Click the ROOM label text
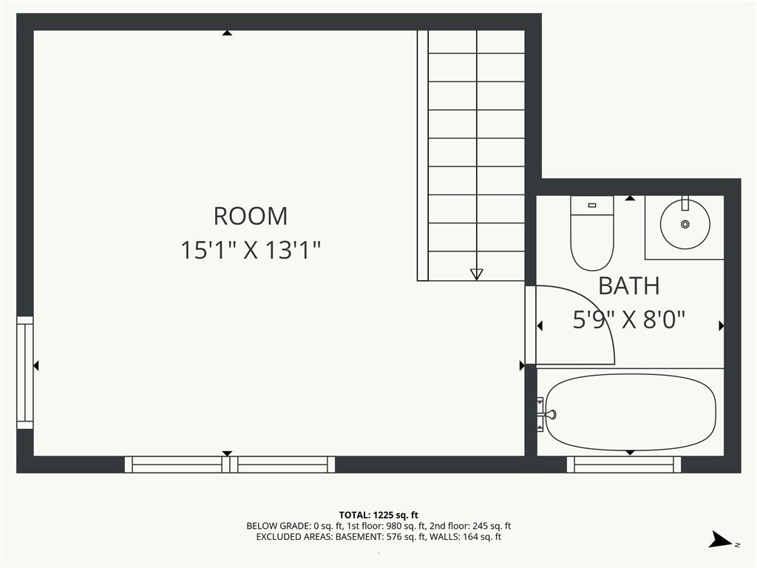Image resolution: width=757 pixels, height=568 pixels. pyautogui.click(x=251, y=216)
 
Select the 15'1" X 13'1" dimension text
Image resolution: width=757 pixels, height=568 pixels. pyautogui.click(x=251, y=250)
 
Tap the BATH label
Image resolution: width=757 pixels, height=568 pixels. pyautogui.click(x=628, y=286)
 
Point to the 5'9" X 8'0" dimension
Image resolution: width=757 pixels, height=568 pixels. pyautogui.click(x=628, y=319)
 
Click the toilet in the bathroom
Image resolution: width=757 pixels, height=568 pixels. pyautogui.click(x=592, y=233)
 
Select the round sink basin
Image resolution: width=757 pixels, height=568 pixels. pyautogui.click(x=685, y=225)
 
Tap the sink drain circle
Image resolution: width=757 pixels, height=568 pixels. pyautogui.click(x=685, y=224)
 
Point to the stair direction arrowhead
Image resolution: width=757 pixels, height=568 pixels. pyautogui.click(x=477, y=274)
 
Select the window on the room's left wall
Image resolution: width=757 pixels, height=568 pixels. pyautogui.click(x=25, y=373)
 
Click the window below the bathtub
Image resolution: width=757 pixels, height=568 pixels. pyautogui.click(x=624, y=464)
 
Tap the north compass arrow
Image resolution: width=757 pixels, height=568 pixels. pyautogui.click(x=722, y=540)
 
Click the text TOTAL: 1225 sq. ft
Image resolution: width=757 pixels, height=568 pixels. pyautogui.click(x=378, y=515)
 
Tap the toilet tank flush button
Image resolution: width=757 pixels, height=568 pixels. pyautogui.click(x=592, y=206)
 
